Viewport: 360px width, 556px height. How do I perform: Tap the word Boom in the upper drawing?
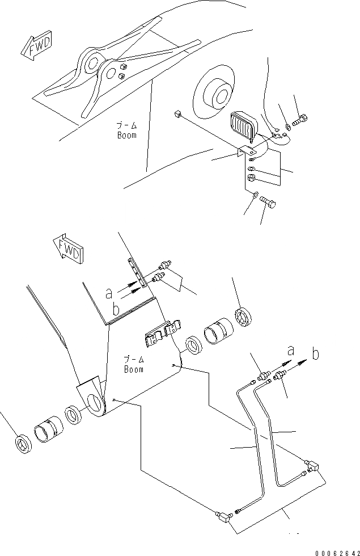[126, 135]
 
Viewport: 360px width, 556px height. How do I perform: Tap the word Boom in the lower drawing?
[134, 368]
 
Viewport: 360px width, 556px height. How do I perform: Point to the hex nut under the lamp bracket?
[251, 179]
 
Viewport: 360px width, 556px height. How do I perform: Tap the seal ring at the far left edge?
[22, 443]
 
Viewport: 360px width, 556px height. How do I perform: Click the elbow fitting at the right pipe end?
[312, 466]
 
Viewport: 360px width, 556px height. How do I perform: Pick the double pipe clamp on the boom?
[160, 334]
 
